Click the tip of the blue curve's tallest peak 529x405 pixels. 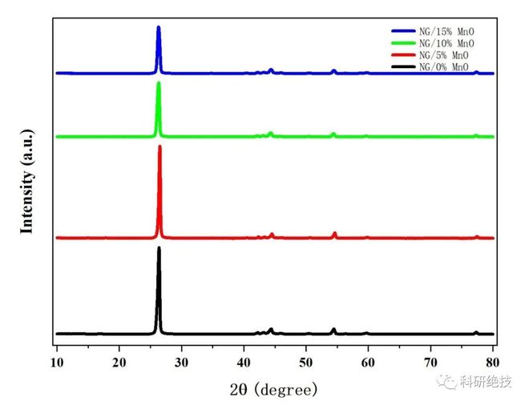pyautogui.click(x=159, y=28)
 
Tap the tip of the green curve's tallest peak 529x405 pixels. pyautogui.click(x=159, y=83)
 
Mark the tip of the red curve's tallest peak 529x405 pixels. pyautogui.click(x=160, y=146)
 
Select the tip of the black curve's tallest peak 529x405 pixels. pyautogui.click(x=159, y=248)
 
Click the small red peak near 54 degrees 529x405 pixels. pyautogui.click(x=334, y=233)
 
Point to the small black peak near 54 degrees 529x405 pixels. pyautogui.click(x=333, y=329)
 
